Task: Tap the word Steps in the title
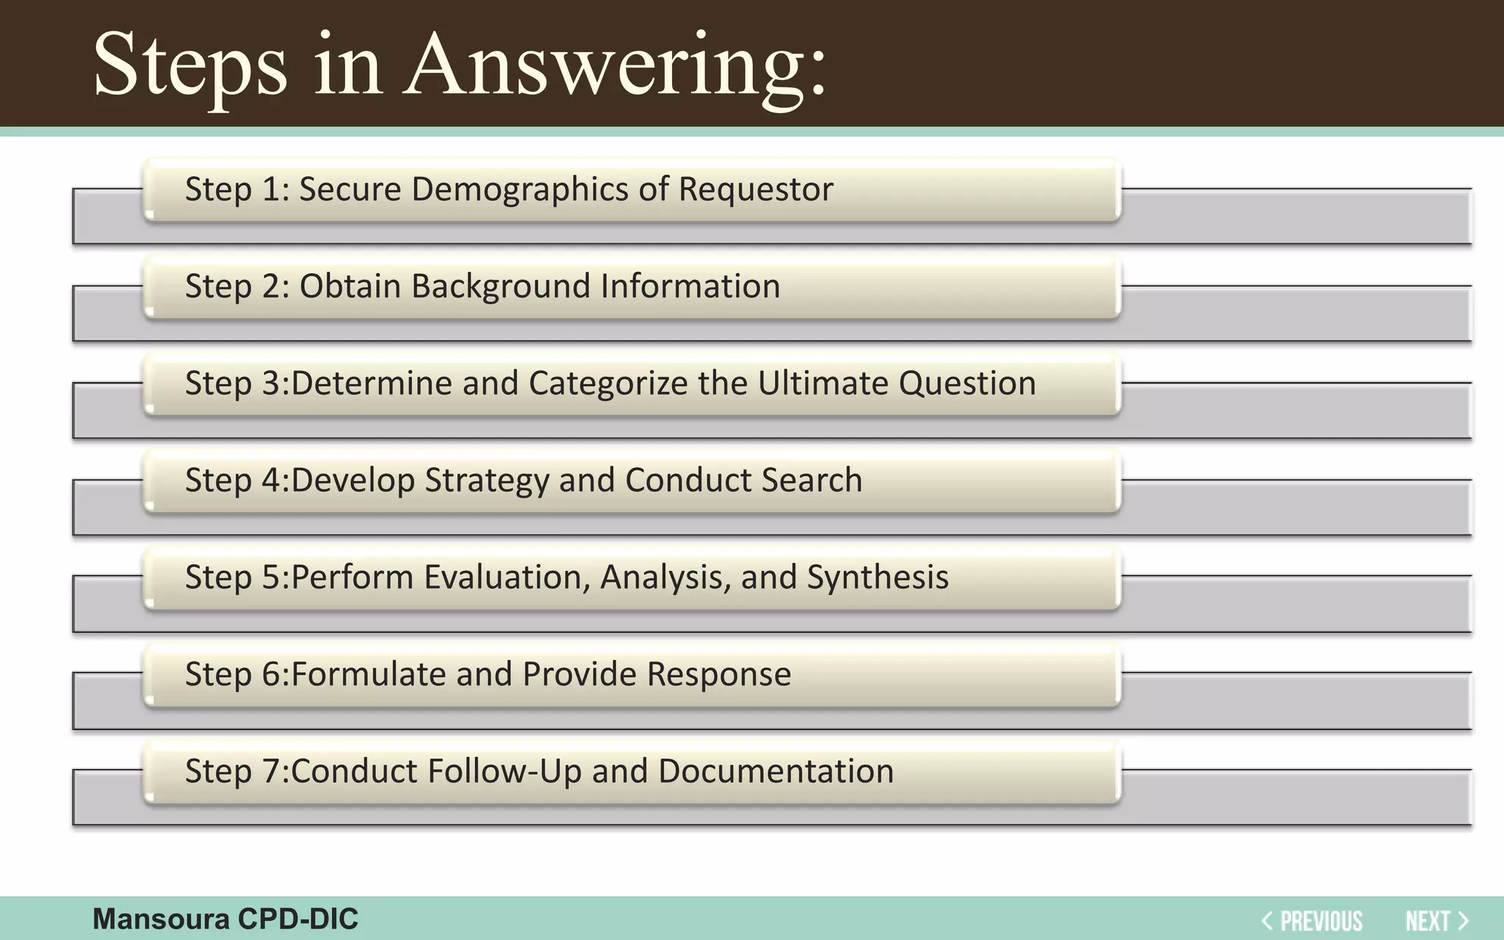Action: point(190,66)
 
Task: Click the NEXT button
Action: point(1436,920)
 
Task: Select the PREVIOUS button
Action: point(1312,920)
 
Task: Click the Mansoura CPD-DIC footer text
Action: point(225,919)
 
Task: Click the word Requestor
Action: point(756,189)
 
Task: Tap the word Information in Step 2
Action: point(690,286)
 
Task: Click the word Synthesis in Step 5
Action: point(878,578)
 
